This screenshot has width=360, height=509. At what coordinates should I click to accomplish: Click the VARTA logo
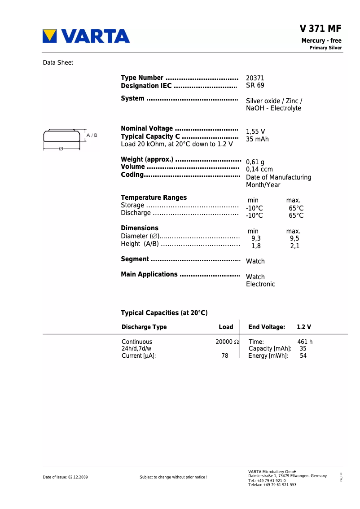pos(86,36)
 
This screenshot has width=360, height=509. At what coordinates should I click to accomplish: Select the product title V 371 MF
pos(320,29)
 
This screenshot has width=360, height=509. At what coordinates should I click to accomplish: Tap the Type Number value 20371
pos(255,78)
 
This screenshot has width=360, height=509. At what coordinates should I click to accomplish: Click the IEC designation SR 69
pos(255,85)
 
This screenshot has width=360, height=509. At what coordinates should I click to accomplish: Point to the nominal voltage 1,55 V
pos(255,132)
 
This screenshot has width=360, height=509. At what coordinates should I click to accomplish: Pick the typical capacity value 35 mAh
pos(257,139)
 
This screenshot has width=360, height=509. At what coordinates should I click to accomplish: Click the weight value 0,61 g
pos(255,162)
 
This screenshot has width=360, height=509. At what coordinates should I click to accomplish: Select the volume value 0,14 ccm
pos(259,169)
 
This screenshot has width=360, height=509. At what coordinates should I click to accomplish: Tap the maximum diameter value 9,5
pos(294,238)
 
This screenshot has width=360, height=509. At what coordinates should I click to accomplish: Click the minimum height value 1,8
pos(256,246)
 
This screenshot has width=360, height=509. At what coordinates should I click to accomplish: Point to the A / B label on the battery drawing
pos(92,135)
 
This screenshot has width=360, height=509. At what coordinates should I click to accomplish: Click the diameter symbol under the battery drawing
pos(61,149)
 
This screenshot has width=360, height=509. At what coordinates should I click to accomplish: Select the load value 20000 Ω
pos(227,342)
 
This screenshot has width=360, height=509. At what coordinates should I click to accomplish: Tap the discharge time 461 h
pos(305,342)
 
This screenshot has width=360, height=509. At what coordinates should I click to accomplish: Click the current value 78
pos(225,356)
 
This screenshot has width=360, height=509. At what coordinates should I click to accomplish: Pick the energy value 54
pos(303,356)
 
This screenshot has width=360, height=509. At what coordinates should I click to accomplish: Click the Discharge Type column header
pos(144,327)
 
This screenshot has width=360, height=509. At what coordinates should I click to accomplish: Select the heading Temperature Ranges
pos(154,197)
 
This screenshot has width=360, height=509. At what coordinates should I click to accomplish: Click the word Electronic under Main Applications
pos(260,284)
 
